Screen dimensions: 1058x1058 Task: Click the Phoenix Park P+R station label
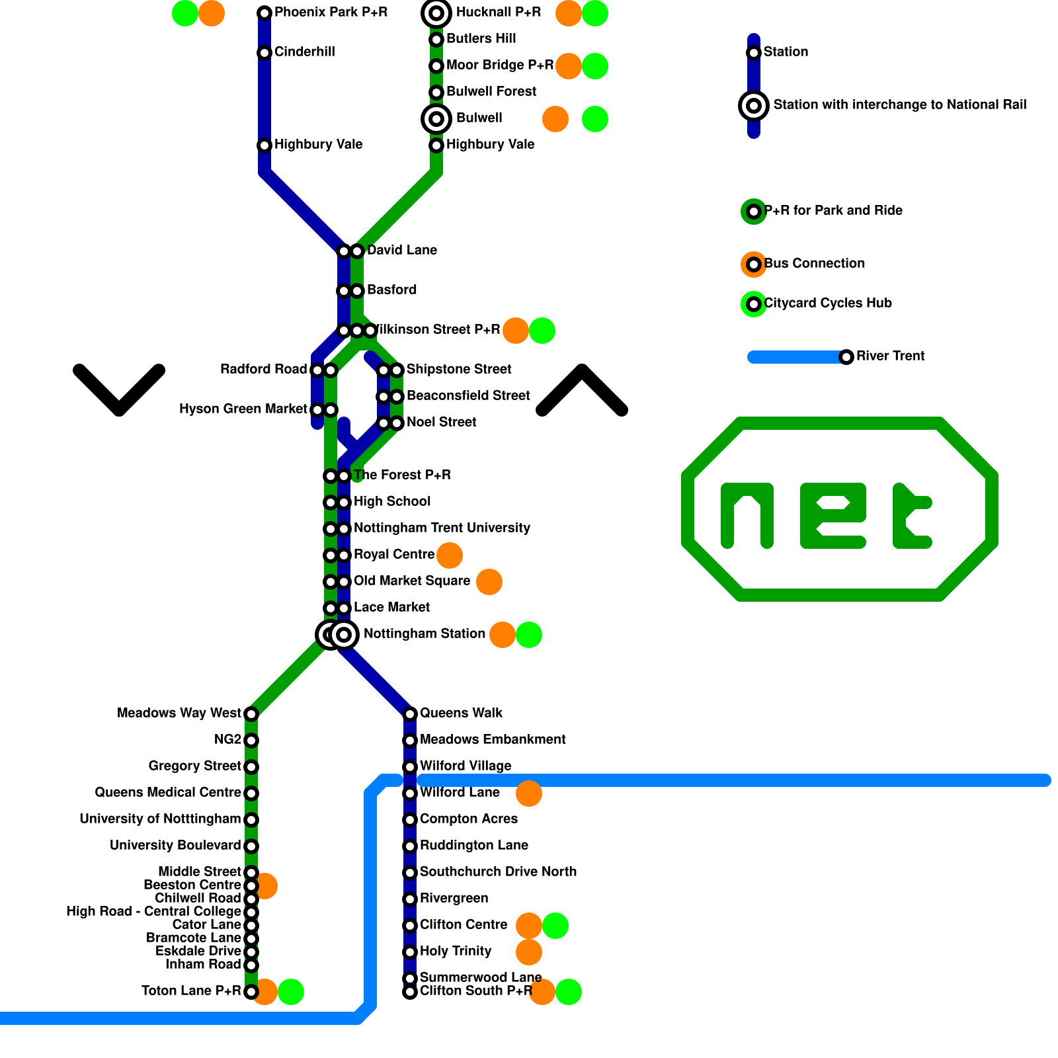pyautogui.click(x=331, y=13)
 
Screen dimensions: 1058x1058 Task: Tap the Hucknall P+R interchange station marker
pyautogui.click(x=436, y=13)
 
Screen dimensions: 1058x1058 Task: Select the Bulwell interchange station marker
pyautogui.click(x=436, y=119)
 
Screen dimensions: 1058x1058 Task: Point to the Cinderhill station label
pyautogui.click(x=304, y=52)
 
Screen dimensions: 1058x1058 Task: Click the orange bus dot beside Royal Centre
pyautogui.click(x=450, y=555)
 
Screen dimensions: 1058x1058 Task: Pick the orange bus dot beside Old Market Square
pyautogui.click(x=489, y=582)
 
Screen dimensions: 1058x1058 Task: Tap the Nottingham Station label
pyautogui.click(x=425, y=634)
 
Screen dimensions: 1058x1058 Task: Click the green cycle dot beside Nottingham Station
pyautogui.click(x=529, y=635)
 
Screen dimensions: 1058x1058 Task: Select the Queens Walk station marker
pyautogui.click(x=410, y=714)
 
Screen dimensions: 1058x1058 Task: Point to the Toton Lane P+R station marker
pyautogui.click(x=251, y=992)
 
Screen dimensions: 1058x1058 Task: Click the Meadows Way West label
pyautogui.click(x=179, y=713)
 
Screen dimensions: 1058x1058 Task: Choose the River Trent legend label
pyautogui.click(x=890, y=356)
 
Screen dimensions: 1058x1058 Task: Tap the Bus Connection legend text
pyautogui.click(x=814, y=264)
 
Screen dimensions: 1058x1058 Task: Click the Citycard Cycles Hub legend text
pyautogui.click(x=827, y=304)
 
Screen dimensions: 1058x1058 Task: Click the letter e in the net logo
pyautogui.click(x=833, y=516)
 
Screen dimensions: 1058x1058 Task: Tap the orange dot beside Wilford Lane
pyautogui.click(x=529, y=793)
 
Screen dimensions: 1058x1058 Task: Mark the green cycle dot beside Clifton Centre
pyautogui.click(x=555, y=926)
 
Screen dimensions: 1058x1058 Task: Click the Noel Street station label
pyautogui.click(x=441, y=423)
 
